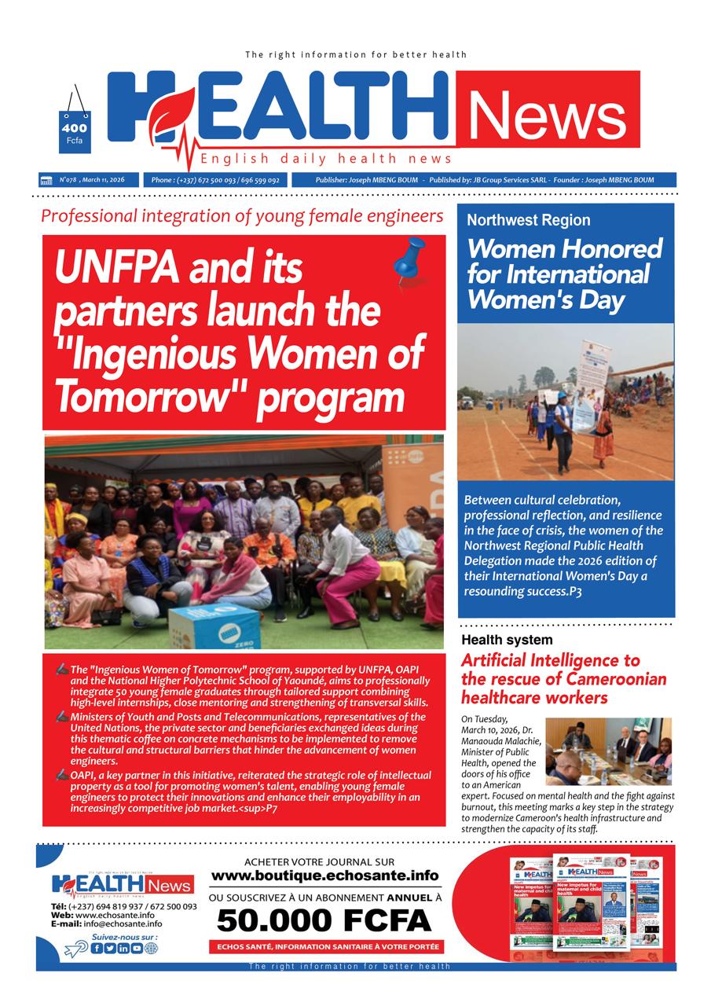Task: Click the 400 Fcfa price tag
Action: (x=75, y=131)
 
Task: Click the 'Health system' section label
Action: (x=506, y=640)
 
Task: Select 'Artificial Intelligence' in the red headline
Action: (x=550, y=660)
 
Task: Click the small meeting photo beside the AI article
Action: (x=608, y=751)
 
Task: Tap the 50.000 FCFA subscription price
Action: (x=324, y=920)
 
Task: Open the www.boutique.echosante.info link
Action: (x=324, y=876)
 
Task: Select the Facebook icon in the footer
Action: (x=97, y=948)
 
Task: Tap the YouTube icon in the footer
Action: (x=137, y=948)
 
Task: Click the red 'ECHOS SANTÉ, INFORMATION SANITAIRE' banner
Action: (x=325, y=946)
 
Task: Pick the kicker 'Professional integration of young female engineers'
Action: (x=242, y=215)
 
